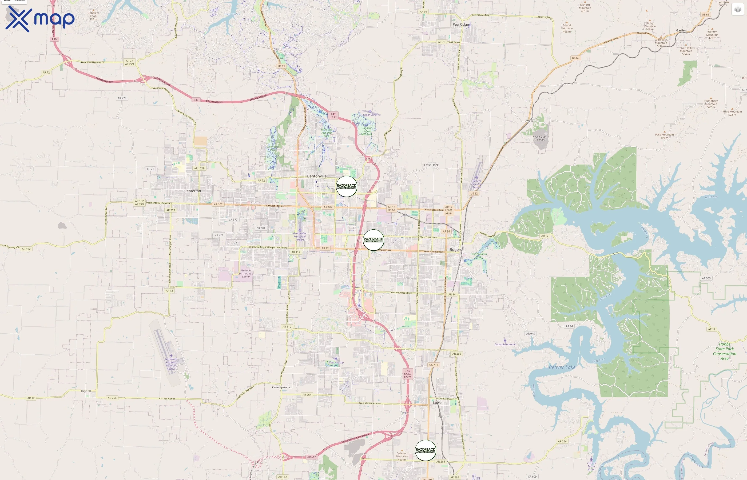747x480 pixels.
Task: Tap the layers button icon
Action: coord(738,9)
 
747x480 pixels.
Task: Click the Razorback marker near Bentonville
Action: coord(346,186)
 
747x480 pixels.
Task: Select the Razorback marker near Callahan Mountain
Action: coord(425,450)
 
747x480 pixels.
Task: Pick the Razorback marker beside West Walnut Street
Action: coord(373,240)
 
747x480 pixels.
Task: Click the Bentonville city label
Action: coord(317,176)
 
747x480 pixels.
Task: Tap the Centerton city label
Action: coord(193,191)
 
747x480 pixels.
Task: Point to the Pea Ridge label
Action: coord(460,24)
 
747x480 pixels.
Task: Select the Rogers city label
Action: coord(455,250)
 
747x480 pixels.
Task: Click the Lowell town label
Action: coord(438,403)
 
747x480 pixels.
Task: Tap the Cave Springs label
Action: coord(281,387)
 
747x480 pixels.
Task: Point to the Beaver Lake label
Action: coord(562,367)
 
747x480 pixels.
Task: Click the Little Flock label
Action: coord(431,165)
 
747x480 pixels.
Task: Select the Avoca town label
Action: coord(529,121)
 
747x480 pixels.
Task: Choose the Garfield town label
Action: coord(682,30)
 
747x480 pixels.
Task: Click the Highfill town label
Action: coord(86,391)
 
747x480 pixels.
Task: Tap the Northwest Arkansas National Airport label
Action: coord(171,364)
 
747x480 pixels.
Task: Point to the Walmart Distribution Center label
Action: coord(246,274)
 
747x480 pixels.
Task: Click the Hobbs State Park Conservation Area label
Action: coord(725,351)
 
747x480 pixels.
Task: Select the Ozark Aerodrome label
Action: coord(505,345)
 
